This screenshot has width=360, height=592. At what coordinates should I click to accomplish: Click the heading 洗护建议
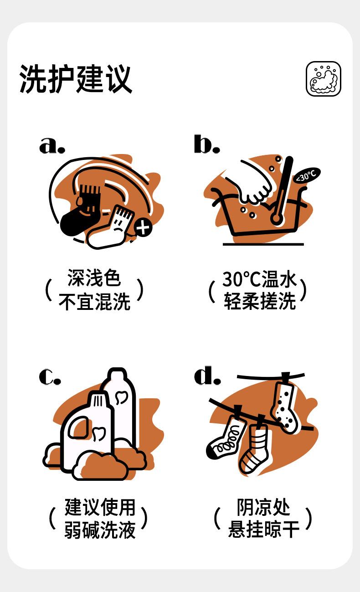tap(76, 78)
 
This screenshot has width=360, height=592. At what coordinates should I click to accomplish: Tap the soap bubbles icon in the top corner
tap(324, 79)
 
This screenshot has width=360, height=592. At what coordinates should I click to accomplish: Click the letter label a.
tap(52, 145)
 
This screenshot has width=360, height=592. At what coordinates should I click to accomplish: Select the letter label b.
tap(207, 144)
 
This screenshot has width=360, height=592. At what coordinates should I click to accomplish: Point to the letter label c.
tap(50, 376)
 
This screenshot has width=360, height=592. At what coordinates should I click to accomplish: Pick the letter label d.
tap(207, 375)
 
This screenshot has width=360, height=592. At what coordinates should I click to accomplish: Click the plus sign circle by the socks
tap(143, 228)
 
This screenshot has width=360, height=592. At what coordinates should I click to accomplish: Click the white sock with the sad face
tap(111, 227)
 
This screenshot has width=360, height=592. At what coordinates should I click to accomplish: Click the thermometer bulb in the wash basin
tap(276, 219)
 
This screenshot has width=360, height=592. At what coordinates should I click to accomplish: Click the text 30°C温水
tap(259, 279)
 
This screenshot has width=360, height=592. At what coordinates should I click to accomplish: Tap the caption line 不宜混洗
tap(94, 302)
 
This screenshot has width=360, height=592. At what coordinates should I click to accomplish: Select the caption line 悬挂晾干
tap(263, 529)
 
